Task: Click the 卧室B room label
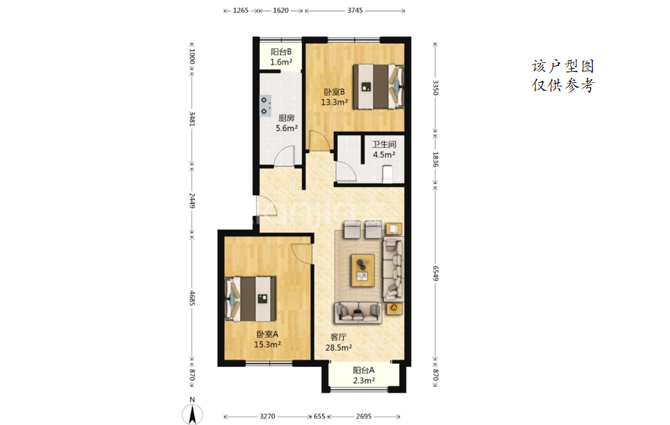point(334,92)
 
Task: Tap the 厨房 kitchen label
point(286,118)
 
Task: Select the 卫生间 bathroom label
point(384,144)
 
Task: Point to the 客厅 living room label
point(338,337)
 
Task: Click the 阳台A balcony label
point(364,370)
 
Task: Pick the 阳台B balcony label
point(281,52)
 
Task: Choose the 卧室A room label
point(267,334)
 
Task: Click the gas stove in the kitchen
point(265,106)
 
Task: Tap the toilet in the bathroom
point(386,174)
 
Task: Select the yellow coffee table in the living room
point(363,270)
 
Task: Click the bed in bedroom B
point(378,86)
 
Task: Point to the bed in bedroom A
point(250,299)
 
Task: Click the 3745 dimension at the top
point(354,11)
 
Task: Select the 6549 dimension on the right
point(435,273)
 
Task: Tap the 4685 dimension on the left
point(192,298)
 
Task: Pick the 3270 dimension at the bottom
point(267,416)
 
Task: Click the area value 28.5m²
point(339,348)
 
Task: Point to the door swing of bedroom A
point(301,254)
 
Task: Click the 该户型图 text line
point(563,67)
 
